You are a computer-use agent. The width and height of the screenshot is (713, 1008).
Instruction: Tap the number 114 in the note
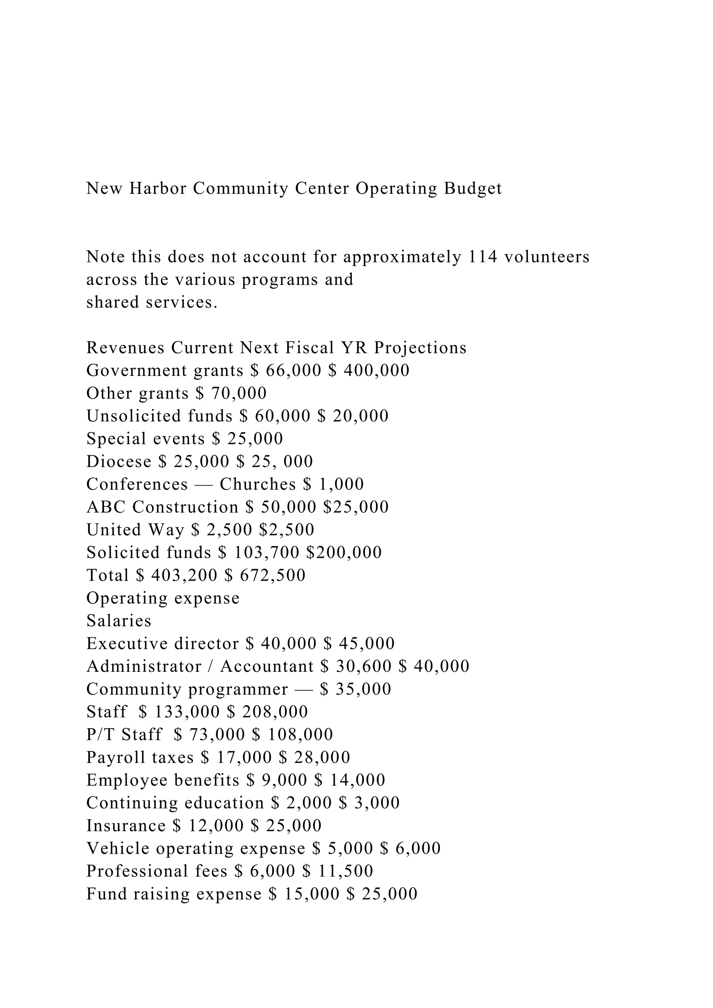click(x=483, y=257)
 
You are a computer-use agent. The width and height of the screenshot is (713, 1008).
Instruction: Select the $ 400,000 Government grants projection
click(x=369, y=371)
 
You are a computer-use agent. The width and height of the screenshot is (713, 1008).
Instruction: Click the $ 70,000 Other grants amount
click(x=231, y=393)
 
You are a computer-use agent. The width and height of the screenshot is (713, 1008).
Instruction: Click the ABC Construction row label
click(x=163, y=507)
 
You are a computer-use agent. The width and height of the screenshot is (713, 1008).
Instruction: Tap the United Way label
click(x=135, y=530)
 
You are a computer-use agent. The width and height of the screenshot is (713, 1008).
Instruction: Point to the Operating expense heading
click(x=163, y=598)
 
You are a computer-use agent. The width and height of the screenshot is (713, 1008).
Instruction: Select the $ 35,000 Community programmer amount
click(x=355, y=689)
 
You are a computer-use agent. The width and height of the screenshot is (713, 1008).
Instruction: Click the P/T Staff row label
click(x=124, y=735)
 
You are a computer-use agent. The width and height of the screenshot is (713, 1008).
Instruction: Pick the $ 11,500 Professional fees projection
click(x=338, y=872)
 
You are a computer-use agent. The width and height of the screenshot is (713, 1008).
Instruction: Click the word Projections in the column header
click(x=420, y=348)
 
